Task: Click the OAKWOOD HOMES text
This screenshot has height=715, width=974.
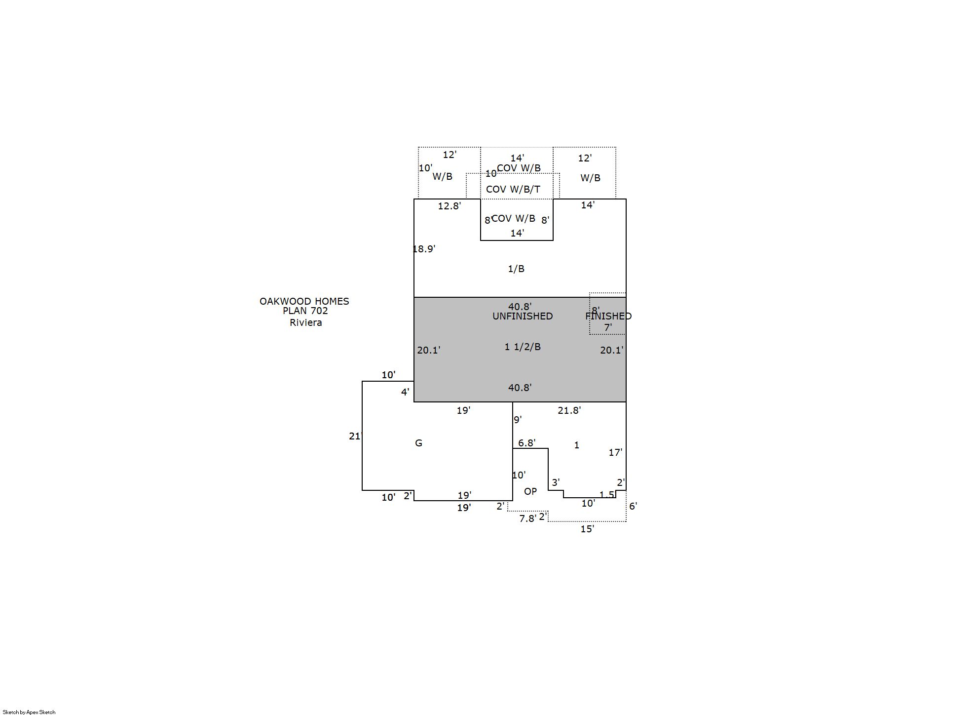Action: (304, 301)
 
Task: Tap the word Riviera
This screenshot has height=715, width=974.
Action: (306, 322)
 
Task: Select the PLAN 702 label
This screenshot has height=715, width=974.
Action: (305, 311)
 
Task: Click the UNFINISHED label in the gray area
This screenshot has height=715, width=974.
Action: (523, 316)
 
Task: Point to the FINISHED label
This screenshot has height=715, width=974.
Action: (608, 316)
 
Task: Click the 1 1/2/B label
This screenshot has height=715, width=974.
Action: (523, 347)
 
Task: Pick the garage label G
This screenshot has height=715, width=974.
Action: (418, 443)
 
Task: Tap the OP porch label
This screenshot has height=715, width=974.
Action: (530, 491)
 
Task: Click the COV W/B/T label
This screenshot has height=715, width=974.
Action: (513, 189)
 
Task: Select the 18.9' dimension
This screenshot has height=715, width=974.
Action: (424, 249)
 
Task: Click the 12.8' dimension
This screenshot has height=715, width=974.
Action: (450, 206)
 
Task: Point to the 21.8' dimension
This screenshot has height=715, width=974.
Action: (569, 410)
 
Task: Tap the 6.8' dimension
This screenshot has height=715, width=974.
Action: (527, 443)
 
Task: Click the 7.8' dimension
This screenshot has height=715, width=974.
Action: (528, 518)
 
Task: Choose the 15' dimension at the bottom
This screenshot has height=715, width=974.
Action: (587, 529)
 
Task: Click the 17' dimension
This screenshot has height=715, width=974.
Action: (615, 452)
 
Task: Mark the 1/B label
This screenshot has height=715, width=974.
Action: (516, 269)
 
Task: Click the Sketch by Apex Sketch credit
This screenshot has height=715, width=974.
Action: (29, 712)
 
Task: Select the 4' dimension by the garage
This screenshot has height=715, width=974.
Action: (405, 392)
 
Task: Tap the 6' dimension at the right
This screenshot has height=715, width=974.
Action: (633, 506)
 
